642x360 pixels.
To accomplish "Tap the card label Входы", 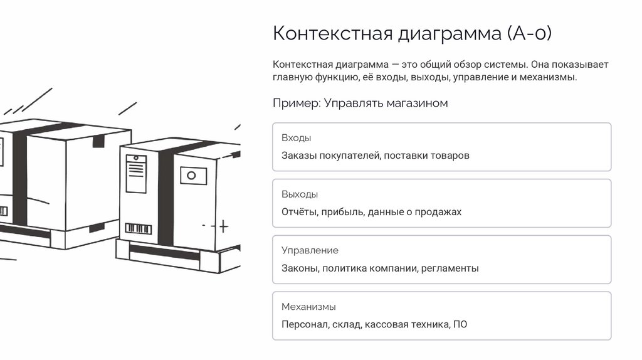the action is [x=296, y=138].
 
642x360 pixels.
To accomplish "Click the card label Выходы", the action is [x=300, y=194].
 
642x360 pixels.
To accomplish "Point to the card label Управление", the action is [x=310, y=251].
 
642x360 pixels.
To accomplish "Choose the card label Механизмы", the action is [x=308, y=307].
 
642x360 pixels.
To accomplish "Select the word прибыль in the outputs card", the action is [x=342, y=212].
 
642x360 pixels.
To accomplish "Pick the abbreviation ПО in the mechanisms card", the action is [x=460, y=325].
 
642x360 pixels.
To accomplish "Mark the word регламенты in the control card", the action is [x=450, y=268].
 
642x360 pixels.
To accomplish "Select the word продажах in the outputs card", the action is [x=438, y=212].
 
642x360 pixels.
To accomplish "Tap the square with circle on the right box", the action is [x=193, y=176].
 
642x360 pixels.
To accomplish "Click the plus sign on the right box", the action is [x=223, y=226].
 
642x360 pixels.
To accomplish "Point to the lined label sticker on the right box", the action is [x=136, y=174].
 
